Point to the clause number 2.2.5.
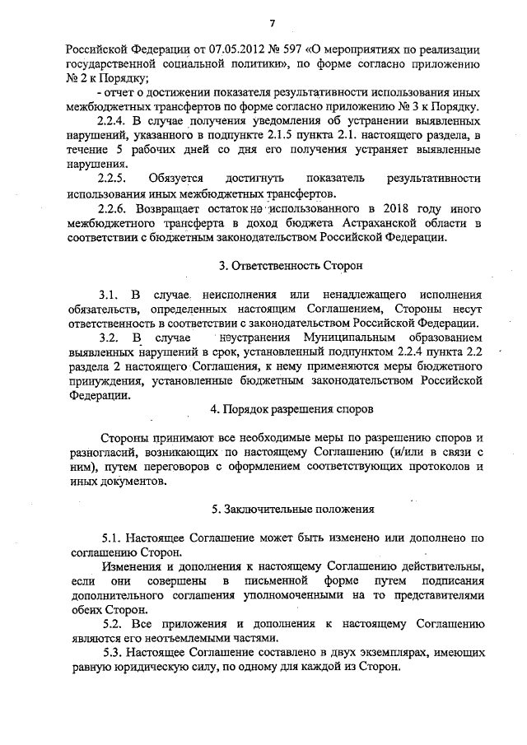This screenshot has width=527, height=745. tap(112, 178)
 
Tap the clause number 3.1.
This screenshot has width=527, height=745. tap(108, 294)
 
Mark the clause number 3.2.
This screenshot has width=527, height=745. tap(108, 338)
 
